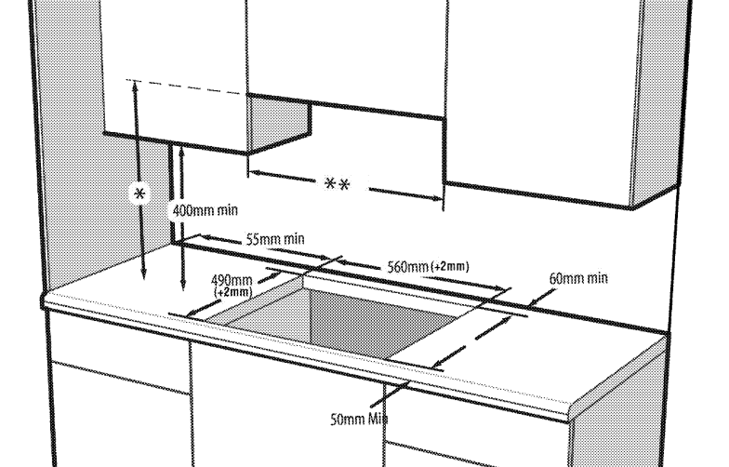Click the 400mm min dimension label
pyautogui.click(x=205, y=210)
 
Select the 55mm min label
pyautogui.click(x=275, y=239)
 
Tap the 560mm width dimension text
pyautogui.click(x=408, y=267)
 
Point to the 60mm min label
pyautogui.click(x=578, y=278)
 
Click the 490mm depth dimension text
pyautogui.click(x=232, y=281)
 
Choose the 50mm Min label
pyautogui.click(x=359, y=419)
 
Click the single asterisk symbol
pyautogui.click(x=139, y=193)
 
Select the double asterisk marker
pyautogui.click(x=337, y=184)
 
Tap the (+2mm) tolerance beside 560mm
pyautogui.click(x=450, y=266)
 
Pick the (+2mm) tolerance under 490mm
pyautogui.click(x=232, y=292)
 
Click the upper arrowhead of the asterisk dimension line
pyautogui.click(x=136, y=84)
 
